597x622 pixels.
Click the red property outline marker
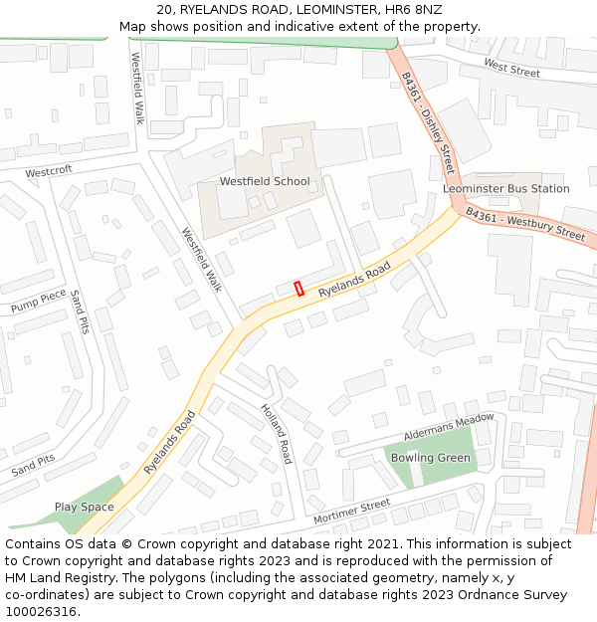pyautogui.click(x=298, y=289)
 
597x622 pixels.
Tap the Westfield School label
pyautogui.click(x=265, y=182)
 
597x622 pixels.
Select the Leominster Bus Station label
pyautogui.click(x=506, y=189)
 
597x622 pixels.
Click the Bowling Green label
pyautogui.click(x=431, y=458)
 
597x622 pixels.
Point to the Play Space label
pyautogui.click(x=84, y=508)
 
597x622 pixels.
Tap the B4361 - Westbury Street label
pyautogui.click(x=525, y=225)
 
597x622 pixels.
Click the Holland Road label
pyautogui.click(x=277, y=434)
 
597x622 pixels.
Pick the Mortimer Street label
pyautogui.click(x=351, y=513)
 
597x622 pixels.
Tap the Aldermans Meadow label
pyautogui.click(x=449, y=428)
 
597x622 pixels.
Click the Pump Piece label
pyautogui.click(x=39, y=301)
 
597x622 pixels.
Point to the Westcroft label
pyautogui.click(x=49, y=171)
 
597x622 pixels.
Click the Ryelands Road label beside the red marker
pyautogui.click(x=354, y=282)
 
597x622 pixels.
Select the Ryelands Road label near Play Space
pyautogui.click(x=167, y=443)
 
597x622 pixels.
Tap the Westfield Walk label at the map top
pyautogui.click(x=138, y=89)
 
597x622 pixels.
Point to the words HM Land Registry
pyautogui.click(x=53, y=578)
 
